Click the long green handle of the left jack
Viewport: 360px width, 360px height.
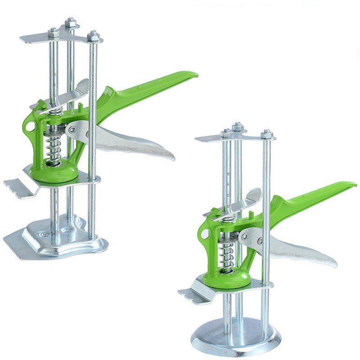tap(153, 85)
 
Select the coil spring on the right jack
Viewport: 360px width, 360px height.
tap(226, 255)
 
